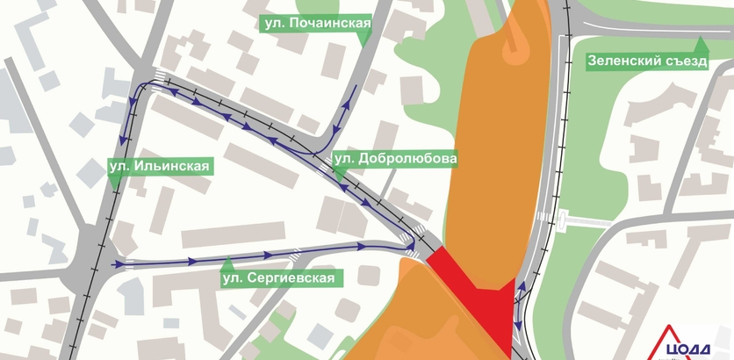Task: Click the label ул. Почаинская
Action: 315,25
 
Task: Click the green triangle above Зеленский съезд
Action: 701,43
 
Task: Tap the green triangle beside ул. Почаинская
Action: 364,38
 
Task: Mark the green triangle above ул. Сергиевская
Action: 227,263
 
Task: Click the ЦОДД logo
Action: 694,342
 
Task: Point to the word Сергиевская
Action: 291,278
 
